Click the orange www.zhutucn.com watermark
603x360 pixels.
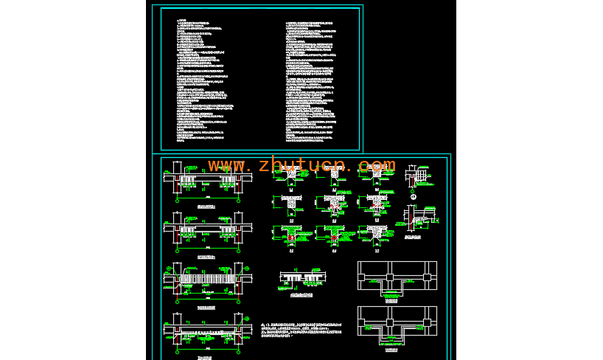tap(301, 165)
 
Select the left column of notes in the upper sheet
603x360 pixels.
tap(206, 80)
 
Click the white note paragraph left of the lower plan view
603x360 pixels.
tap(302, 330)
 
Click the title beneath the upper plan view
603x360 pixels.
tap(391, 301)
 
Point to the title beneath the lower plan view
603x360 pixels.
tap(391, 350)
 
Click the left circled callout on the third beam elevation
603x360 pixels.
tap(169, 269)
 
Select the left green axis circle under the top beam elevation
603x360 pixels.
tap(177, 200)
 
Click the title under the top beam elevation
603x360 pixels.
tap(207, 208)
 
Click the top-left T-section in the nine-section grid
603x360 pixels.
tap(291, 176)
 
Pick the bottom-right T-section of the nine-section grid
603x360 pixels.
tap(377, 234)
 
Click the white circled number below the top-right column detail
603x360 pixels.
tap(414, 196)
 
